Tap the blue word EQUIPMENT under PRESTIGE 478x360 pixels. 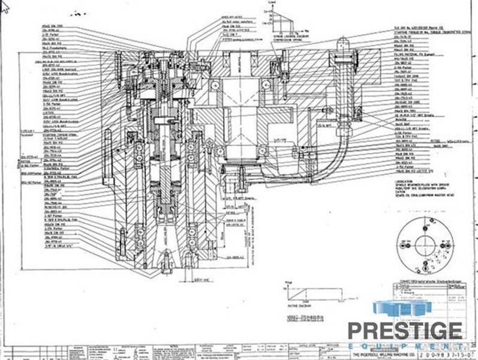407,346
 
